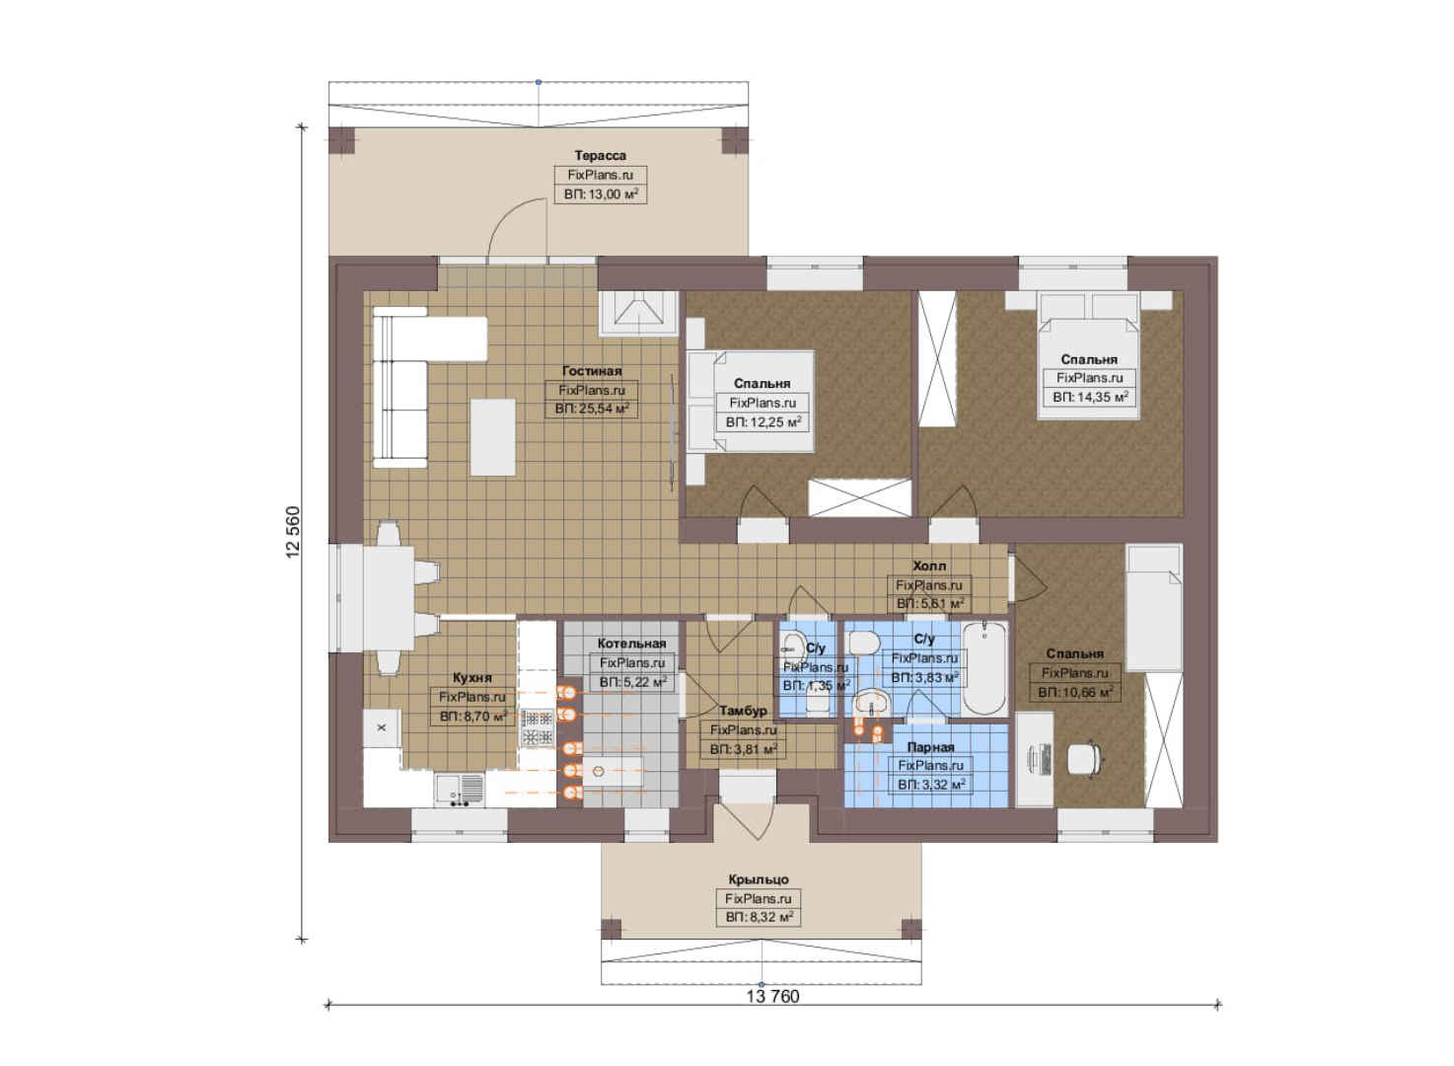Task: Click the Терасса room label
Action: coord(600,156)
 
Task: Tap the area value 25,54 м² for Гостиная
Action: coord(592,410)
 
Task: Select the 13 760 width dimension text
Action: coord(772,996)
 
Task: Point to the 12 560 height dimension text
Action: coord(293,532)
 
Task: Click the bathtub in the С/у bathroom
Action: coord(984,669)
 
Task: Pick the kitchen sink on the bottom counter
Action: coord(460,791)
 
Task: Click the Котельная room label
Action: coord(631,644)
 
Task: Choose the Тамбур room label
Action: coord(743,711)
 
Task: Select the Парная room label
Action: coord(931,747)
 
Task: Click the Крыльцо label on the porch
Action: coord(759,879)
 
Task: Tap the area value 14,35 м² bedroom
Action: coord(1090,397)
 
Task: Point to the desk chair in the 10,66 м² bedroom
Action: coord(1085,758)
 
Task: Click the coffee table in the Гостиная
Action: coord(492,437)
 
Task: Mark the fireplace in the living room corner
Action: coord(639,313)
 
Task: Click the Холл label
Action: coord(929,567)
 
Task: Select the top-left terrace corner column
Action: coord(342,139)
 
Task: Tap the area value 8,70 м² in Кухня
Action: coord(473,717)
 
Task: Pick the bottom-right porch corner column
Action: coord(911,930)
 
